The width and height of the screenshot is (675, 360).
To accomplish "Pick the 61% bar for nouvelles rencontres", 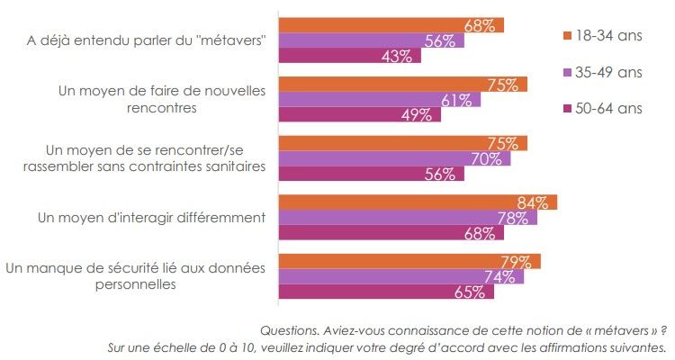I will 378,100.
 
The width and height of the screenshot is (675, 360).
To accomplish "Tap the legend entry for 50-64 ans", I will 602,108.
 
